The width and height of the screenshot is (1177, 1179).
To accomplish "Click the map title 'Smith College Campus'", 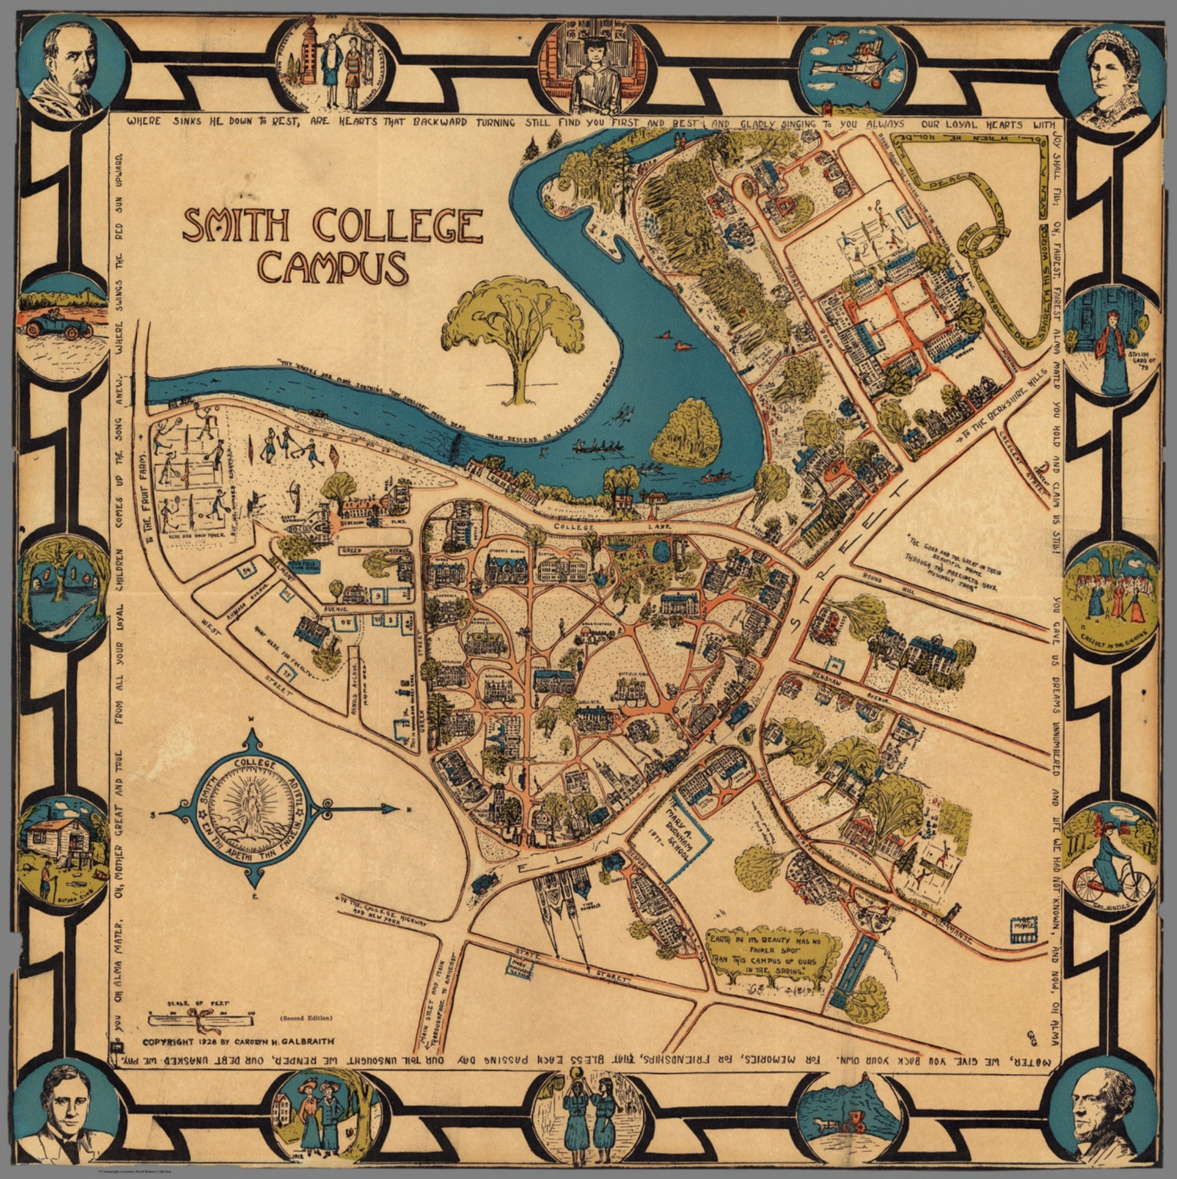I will tap(332, 246).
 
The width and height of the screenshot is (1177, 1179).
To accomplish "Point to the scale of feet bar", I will tap(202, 1019).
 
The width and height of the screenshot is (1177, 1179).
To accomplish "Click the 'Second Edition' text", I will tap(306, 1018).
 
